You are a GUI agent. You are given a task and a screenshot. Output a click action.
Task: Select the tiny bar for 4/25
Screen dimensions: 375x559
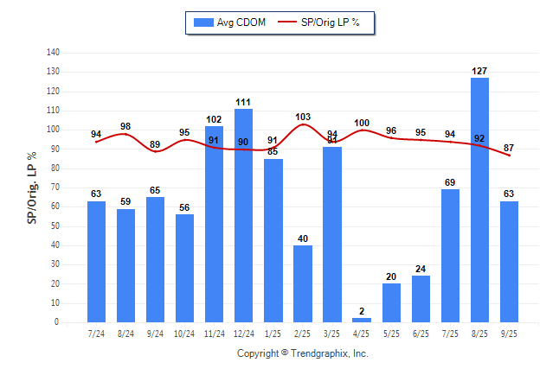pos(362,320)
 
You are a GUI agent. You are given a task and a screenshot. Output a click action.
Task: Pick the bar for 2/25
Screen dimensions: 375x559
pos(303,284)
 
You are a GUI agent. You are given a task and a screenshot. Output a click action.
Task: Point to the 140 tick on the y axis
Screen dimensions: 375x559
pos(53,53)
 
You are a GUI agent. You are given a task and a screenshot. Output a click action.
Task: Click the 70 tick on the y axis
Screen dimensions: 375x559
pos(55,187)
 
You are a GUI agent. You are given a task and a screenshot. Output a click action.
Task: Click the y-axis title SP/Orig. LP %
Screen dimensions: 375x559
pos(32,187)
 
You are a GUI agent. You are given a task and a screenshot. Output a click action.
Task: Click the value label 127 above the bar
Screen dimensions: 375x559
pos(479,71)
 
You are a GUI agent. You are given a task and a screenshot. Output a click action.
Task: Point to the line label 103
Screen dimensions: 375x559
pos(303,117)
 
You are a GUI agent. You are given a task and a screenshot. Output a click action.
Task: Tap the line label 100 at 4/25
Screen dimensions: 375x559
pos(362,123)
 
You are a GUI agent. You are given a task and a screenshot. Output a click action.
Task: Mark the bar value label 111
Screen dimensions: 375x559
pos(244,102)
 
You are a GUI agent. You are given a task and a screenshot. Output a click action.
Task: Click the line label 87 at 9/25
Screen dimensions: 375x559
pos(509,148)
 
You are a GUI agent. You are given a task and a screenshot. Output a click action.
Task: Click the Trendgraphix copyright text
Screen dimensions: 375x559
pos(303,353)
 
